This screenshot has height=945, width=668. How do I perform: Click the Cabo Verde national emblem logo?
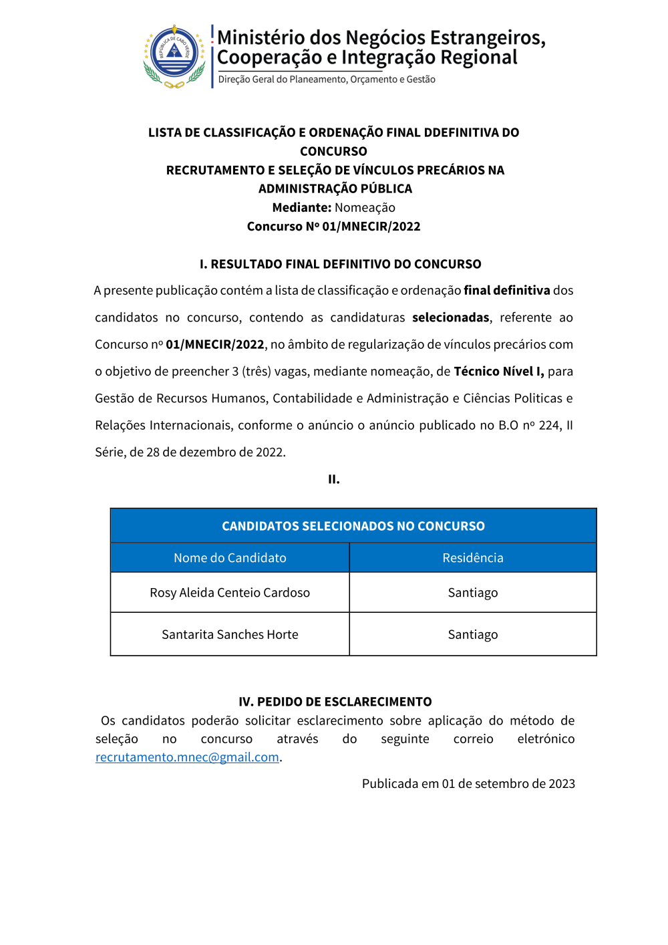[x=174, y=57]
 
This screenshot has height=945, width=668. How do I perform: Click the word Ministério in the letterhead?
[x=261, y=37]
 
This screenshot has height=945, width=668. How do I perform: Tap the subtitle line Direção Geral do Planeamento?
[x=327, y=80]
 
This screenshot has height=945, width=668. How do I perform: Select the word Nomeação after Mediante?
[x=365, y=208]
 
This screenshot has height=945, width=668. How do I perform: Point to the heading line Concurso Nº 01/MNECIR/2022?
[x=333, y=227]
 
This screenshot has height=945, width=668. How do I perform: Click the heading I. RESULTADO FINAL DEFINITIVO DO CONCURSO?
[x=340, y=264]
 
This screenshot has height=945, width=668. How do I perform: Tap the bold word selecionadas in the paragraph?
[x=450, y=317]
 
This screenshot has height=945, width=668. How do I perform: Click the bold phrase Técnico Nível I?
[x=498, y=372]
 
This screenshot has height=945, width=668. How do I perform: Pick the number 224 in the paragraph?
[x=549, y=426]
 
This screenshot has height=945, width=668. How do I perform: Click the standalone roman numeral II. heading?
[x=334, y=479]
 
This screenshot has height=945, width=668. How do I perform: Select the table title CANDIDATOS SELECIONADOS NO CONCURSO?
[x=353, y=526]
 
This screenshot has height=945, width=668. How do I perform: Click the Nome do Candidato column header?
[x=230, y=558]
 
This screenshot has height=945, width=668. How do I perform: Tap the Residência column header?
[x=472, y=558]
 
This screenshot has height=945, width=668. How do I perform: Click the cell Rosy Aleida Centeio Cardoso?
[x=230, y=593]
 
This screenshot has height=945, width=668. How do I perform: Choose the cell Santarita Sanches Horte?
[x=230, y=635]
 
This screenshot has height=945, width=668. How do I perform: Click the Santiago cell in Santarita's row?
[x=472, y=635]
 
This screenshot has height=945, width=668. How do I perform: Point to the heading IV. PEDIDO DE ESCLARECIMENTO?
[x=335, y=702]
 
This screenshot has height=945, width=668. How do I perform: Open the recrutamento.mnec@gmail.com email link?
[x=187, y=757]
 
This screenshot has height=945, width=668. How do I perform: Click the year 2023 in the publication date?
[x=561, y=784]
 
